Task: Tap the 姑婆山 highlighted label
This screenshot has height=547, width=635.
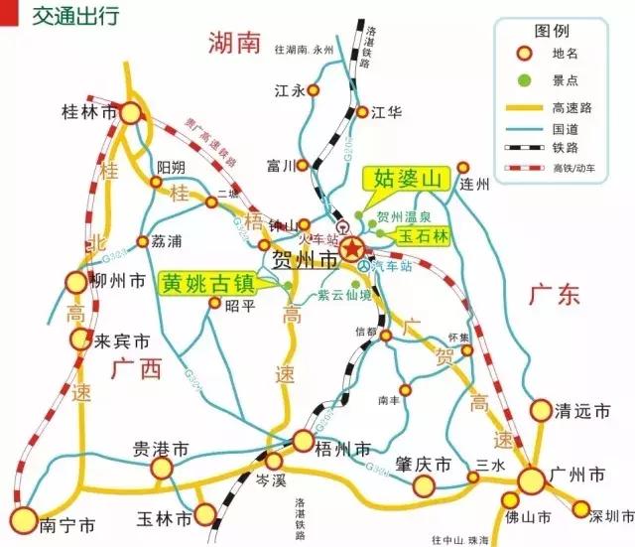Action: tap(406, 179)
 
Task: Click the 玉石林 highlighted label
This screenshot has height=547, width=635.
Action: tap(425, 236)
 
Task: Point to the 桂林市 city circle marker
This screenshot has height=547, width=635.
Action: tap(131, 112)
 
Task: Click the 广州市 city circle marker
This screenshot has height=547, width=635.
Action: tap(531, 480)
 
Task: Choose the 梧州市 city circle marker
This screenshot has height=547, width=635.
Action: tap(304, 441)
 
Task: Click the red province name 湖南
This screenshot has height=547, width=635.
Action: tap(233, 42)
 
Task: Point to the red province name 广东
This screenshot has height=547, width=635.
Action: tap(554, 295)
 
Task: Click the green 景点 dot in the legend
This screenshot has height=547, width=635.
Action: tap(524, 78)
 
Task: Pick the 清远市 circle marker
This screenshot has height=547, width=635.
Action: tap(541, 410)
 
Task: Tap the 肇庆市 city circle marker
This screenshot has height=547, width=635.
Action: tap(425, 485)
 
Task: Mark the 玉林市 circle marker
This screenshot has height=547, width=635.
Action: tap(205, 514)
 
